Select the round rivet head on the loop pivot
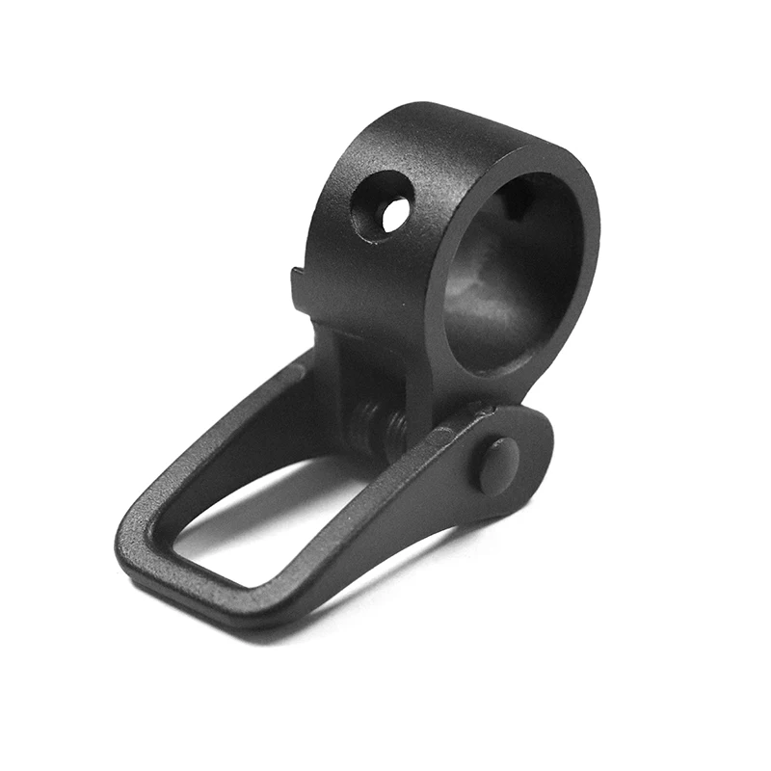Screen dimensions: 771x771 pos(497,465)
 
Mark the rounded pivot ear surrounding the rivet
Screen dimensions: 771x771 pos(525,443)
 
